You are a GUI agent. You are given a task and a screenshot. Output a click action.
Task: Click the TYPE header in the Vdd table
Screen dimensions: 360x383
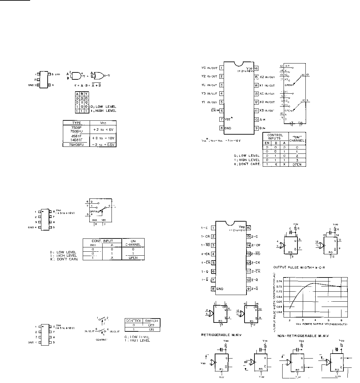click(x=76, y=123)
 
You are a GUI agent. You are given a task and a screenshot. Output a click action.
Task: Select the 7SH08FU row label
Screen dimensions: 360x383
click(x=76, y=145)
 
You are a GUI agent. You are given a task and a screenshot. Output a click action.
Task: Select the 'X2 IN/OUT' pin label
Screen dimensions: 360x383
click(x=267, y=77)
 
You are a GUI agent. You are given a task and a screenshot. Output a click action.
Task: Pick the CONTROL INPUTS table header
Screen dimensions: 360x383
click(x=275, y=137)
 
